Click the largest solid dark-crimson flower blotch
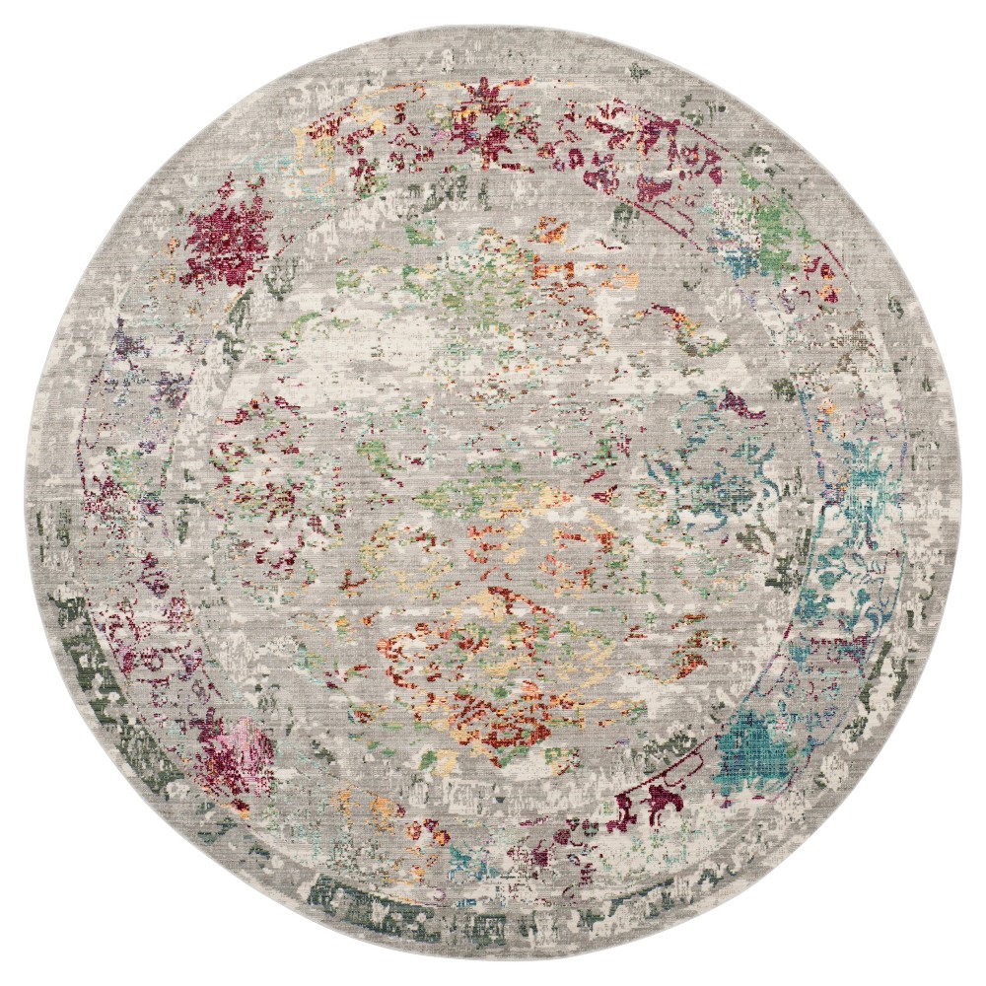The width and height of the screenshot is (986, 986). (226, 234)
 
